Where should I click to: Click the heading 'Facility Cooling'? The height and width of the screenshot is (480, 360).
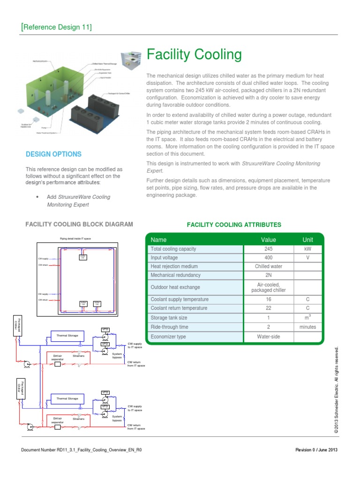point(194,55)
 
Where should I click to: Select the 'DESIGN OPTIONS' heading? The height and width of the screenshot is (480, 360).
point(53,154)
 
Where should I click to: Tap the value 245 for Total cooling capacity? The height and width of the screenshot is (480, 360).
point(268,249)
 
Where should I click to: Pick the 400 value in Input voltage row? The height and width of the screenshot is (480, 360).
point(268,258)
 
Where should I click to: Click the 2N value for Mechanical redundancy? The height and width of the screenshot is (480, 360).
point(268,275)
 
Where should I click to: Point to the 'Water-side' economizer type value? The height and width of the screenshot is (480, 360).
point(268,337)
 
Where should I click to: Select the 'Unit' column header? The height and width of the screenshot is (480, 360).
point(307,240)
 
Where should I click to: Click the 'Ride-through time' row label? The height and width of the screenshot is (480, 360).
point(169,327)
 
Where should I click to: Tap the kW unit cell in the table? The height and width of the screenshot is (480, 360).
point(307,249)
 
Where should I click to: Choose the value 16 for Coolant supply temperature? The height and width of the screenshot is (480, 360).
point(268,299)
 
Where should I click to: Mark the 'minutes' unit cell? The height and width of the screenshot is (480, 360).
point(307,327)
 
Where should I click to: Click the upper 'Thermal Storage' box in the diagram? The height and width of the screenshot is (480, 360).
point(67,336)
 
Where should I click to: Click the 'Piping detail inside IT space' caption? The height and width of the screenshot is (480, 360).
point(75,239)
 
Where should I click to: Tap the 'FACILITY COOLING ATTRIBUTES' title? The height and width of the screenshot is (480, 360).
point(234,225)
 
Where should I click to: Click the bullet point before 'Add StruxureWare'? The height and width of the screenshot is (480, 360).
point(37,197)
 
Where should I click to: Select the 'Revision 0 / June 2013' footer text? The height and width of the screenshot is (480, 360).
point(316,450)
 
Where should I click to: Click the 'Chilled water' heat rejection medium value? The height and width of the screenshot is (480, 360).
point(268,266)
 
